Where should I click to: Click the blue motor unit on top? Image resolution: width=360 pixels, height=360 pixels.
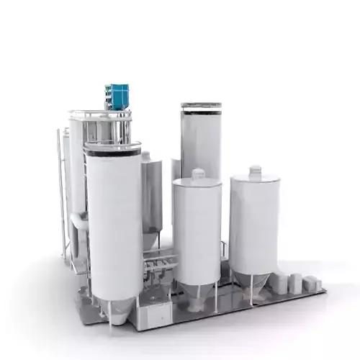pos(117,95)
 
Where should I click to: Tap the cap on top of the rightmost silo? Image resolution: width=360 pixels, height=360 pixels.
pos(255,172)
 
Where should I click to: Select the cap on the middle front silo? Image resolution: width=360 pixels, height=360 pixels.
pos(198,174)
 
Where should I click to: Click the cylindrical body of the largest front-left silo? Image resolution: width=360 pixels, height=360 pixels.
pos(114,223)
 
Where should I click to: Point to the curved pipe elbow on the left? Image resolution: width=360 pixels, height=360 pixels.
pos(78,220)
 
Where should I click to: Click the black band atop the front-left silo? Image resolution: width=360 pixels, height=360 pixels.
pos(112,150)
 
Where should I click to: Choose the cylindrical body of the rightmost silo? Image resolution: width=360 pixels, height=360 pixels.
pos(253,227)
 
